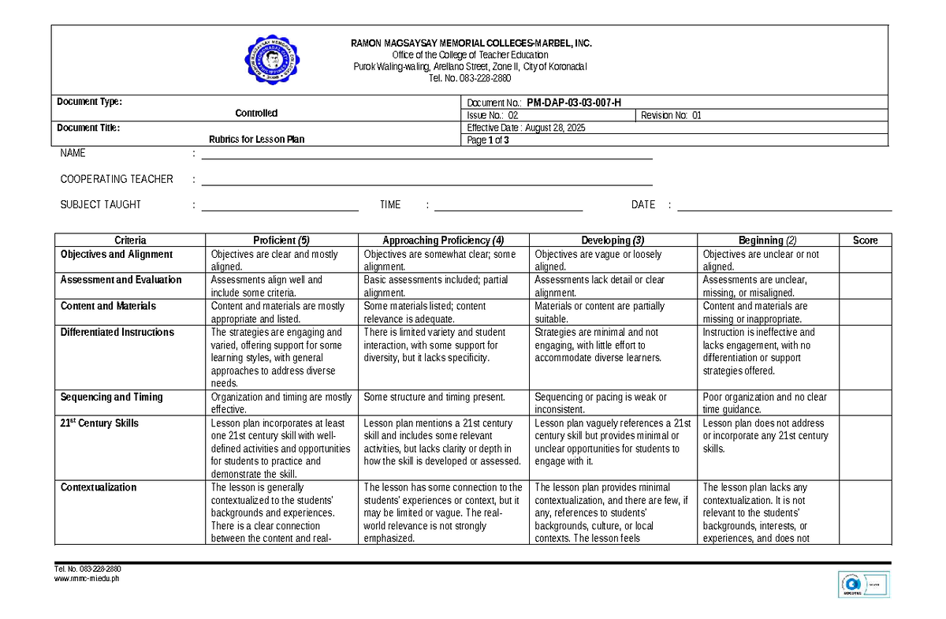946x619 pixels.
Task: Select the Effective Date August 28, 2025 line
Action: [527, 128]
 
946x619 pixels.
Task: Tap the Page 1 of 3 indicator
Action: [488, 140]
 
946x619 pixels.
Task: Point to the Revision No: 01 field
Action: [671, 115]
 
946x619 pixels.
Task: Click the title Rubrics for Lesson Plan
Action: [256, 140]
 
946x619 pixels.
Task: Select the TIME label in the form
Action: [390, 205]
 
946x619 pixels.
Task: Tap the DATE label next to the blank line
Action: [643, 205]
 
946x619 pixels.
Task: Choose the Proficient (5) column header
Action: [281, 241]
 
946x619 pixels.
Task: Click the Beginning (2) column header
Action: [767, 241]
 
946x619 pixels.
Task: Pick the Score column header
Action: [865, 241]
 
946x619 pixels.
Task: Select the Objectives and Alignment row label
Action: [117, 255]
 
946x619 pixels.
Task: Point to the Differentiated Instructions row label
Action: [117, 333]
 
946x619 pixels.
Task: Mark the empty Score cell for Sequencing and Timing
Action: [865, 403]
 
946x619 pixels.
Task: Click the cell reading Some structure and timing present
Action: [434, 397]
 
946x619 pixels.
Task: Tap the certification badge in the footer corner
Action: [863, 585]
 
